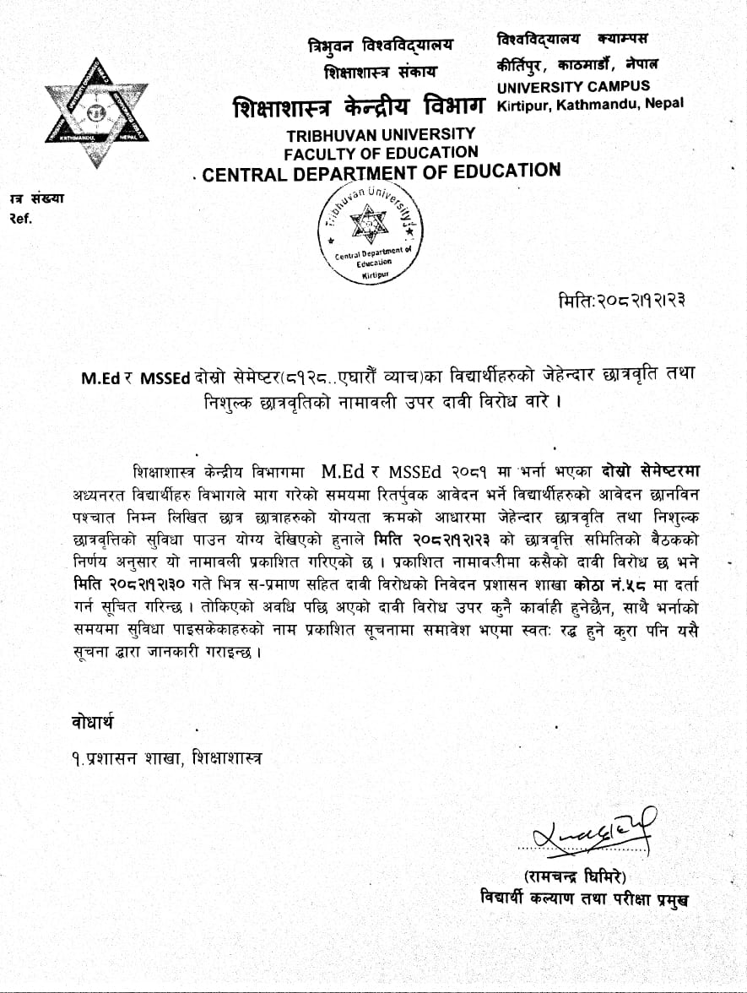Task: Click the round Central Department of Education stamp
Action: point(369,232)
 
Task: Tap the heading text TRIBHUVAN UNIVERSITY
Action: point(380,134)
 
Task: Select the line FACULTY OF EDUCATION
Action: point(381,153)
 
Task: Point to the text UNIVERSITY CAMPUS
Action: point(573,86)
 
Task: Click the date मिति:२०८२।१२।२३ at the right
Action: point(622,301)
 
